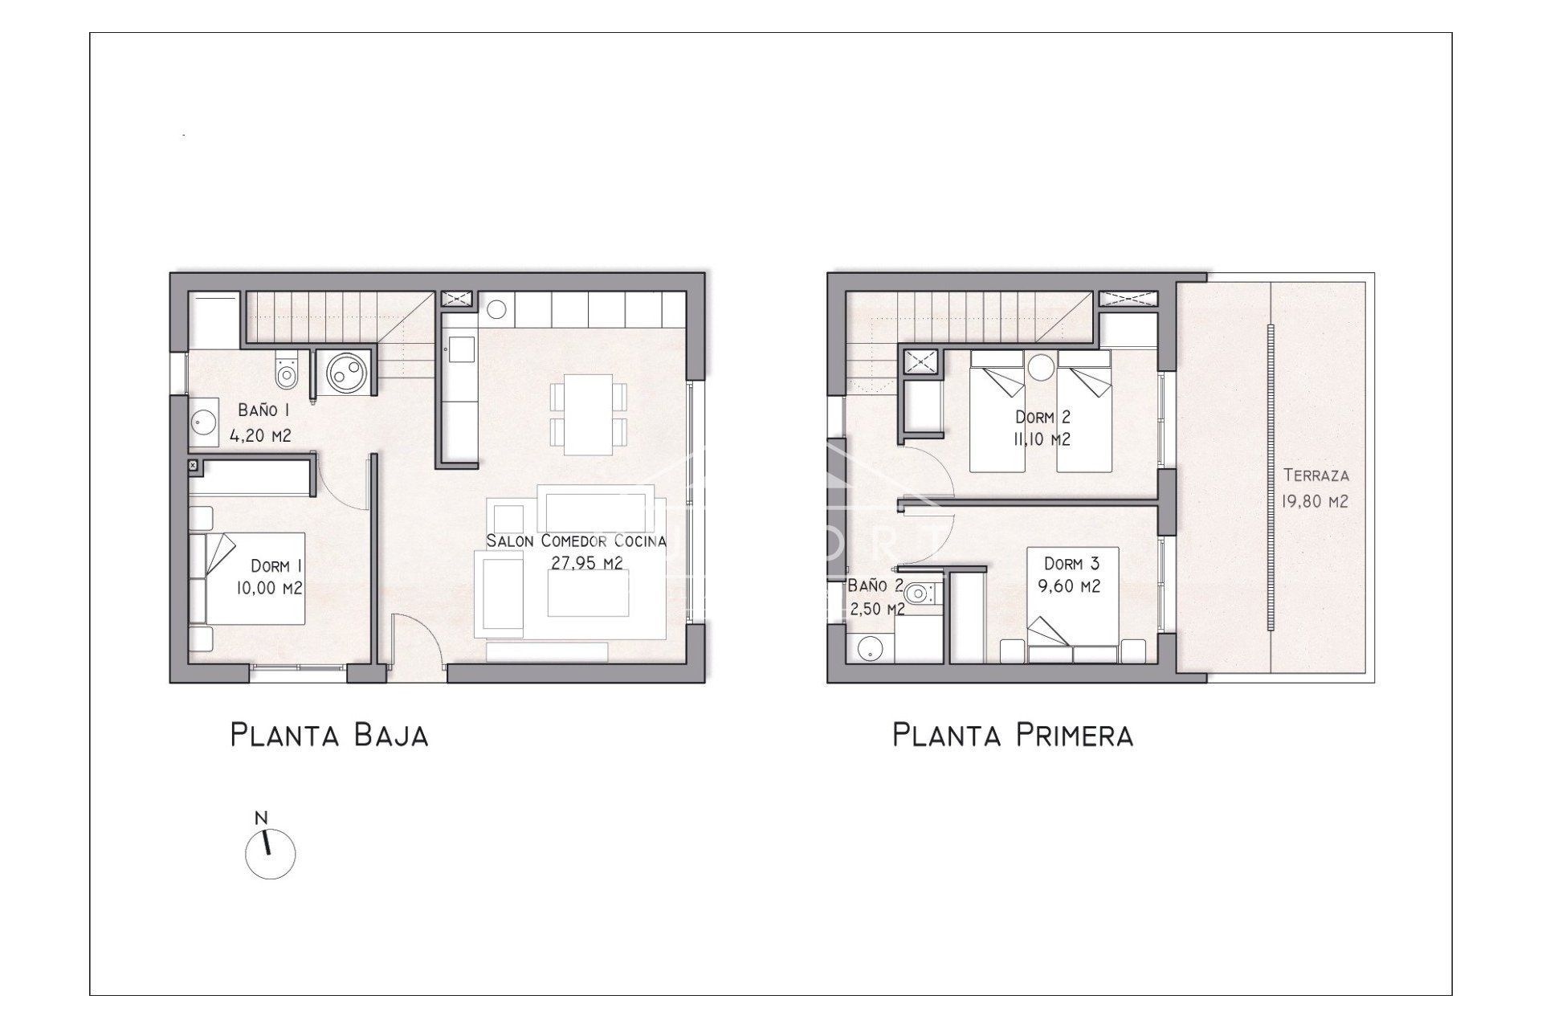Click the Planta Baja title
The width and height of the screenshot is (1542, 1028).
[x=329, y=735]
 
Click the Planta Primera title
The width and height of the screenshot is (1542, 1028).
[x=1012, y=735]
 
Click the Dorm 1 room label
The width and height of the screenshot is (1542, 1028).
[x=269, y=577]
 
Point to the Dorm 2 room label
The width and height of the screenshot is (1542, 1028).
[x=1042, y=428]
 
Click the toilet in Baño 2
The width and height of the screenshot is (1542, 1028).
[x=917, y=593]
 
